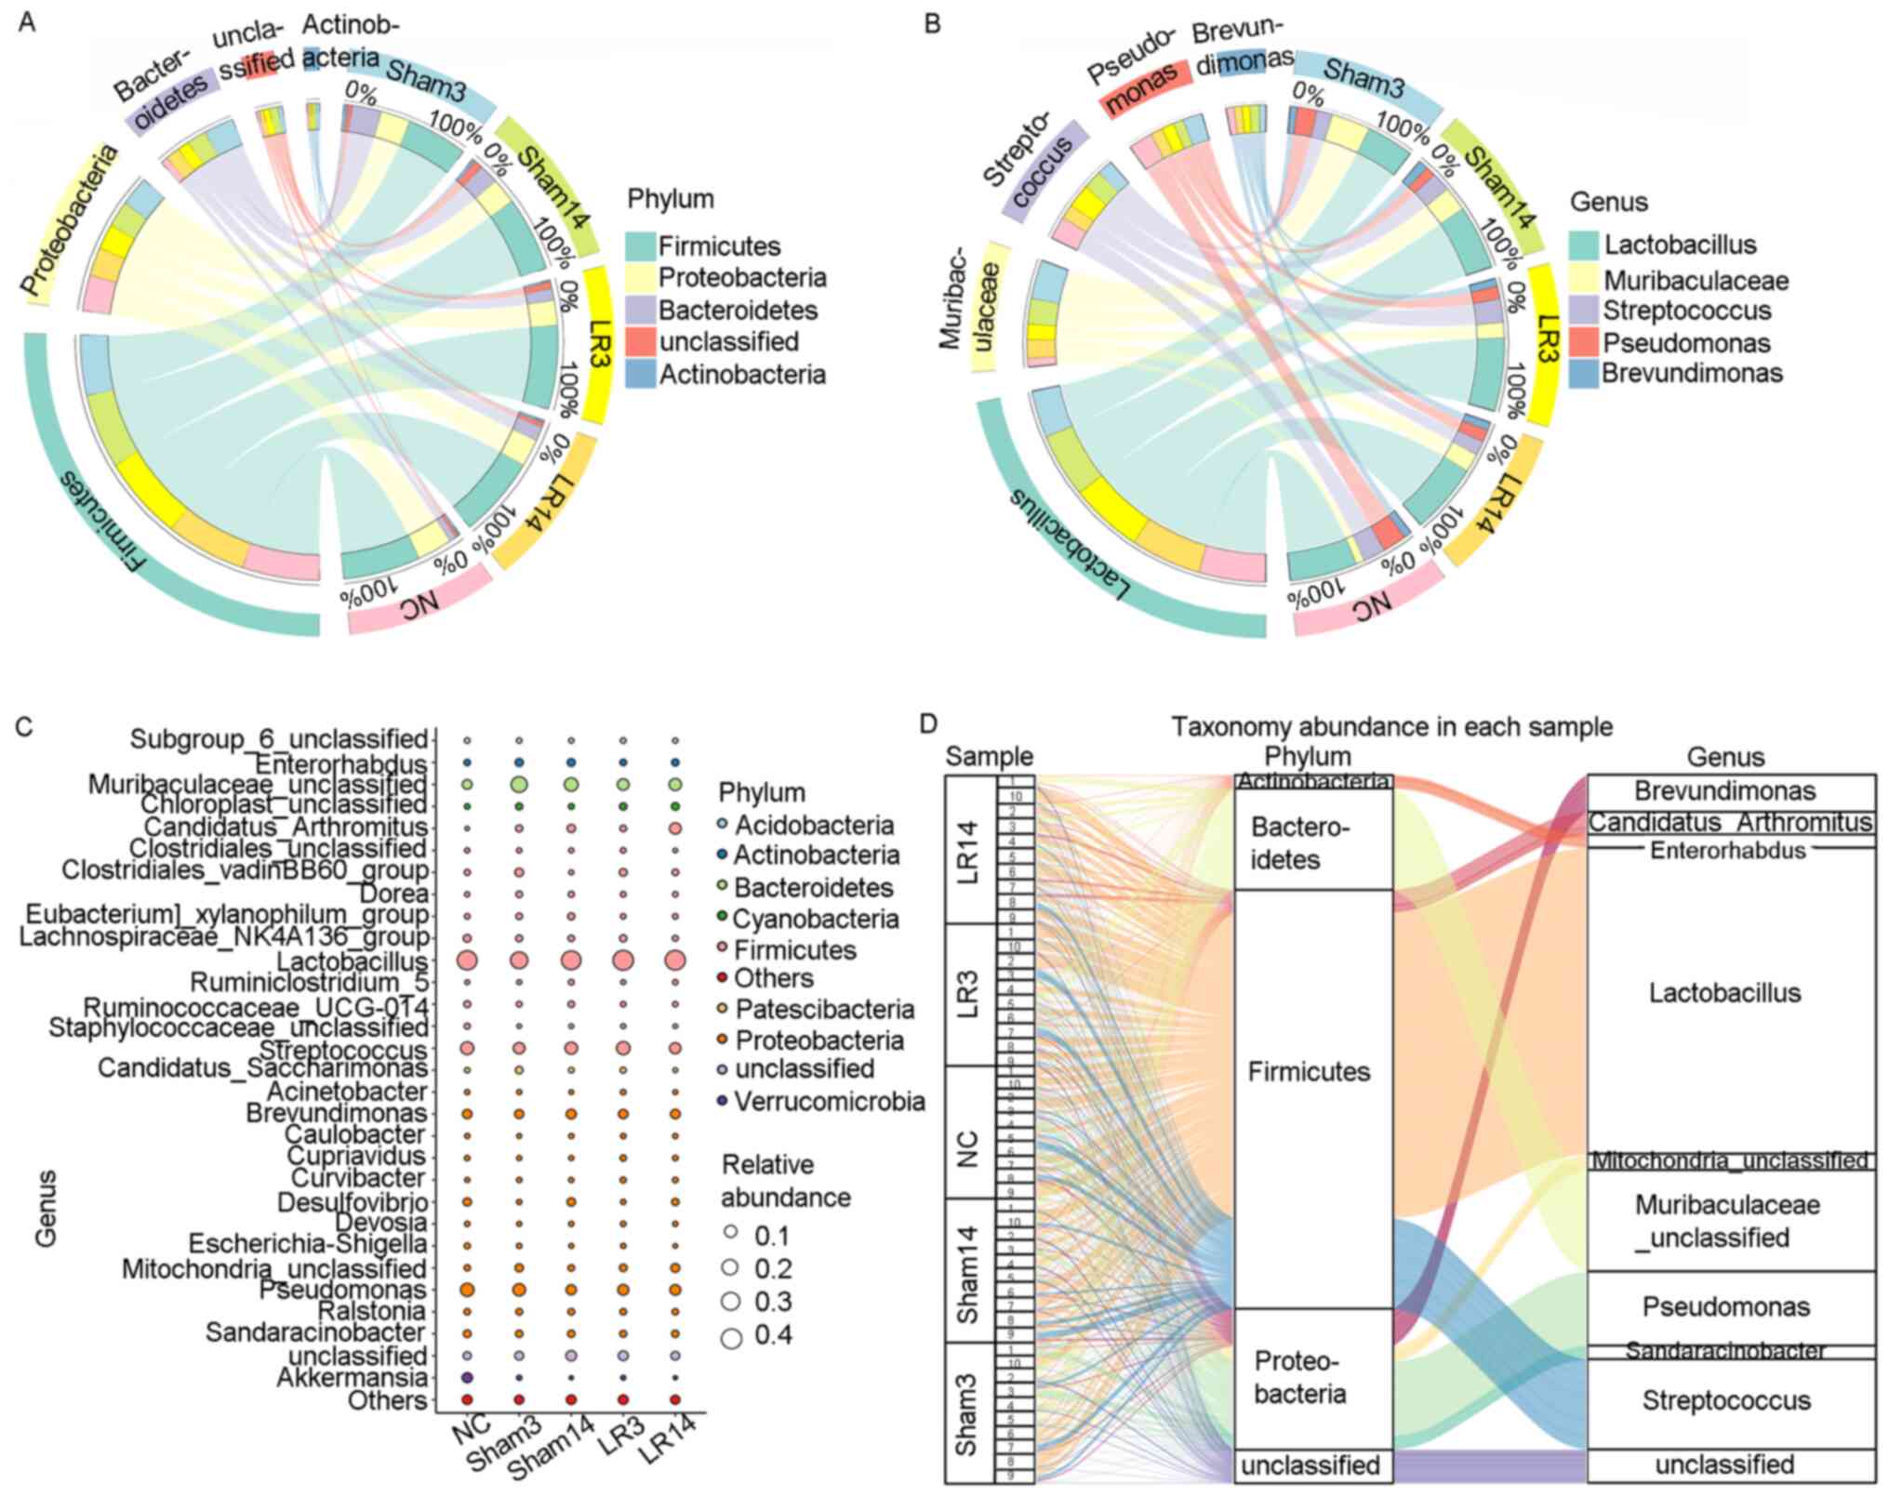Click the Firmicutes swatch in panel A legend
641,246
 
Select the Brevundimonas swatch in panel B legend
1584,374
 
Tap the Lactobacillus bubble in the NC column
468,960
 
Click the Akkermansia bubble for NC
468,1376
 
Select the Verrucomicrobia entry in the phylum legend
829,1102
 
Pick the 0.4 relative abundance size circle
731,1337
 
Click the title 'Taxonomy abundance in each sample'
1391,726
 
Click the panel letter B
932,23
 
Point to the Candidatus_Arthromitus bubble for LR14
675,828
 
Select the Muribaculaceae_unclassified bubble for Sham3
520,785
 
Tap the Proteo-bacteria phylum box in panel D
1312,1378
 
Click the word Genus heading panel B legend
1609,202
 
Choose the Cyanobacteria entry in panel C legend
815,919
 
